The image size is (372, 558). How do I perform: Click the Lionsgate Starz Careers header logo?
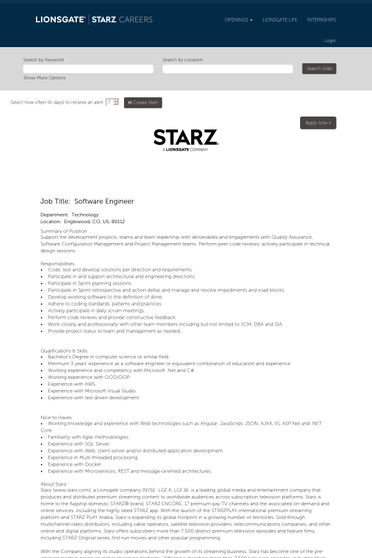tap(94, 20)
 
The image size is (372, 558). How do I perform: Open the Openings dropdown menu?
tap(238, 20)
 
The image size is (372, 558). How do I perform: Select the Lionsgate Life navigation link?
tap(280, 20)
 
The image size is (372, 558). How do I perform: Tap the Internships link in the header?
tap(321, 20)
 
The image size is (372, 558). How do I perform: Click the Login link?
tap(330, 41)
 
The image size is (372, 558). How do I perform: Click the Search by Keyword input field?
tap(88, 69)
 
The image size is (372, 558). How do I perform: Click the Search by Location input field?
tap(228, 69)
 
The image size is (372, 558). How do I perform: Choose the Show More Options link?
tap(44, 78)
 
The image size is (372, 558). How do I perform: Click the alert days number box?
tap(110, 102)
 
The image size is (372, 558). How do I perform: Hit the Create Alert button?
tap(143, 102)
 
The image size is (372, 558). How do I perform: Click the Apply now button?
tap(318, 123)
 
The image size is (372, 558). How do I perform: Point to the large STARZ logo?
tap(185, 139)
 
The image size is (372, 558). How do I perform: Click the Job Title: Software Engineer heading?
tap(87, 201)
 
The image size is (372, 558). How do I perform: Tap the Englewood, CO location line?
tap(82, 221)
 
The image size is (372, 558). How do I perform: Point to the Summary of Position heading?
tap(64, 231)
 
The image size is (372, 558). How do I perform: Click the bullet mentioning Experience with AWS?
tap(72, 384)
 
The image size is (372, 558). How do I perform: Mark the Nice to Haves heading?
tap(56, 418)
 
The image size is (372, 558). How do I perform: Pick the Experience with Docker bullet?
tap(74, 464)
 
